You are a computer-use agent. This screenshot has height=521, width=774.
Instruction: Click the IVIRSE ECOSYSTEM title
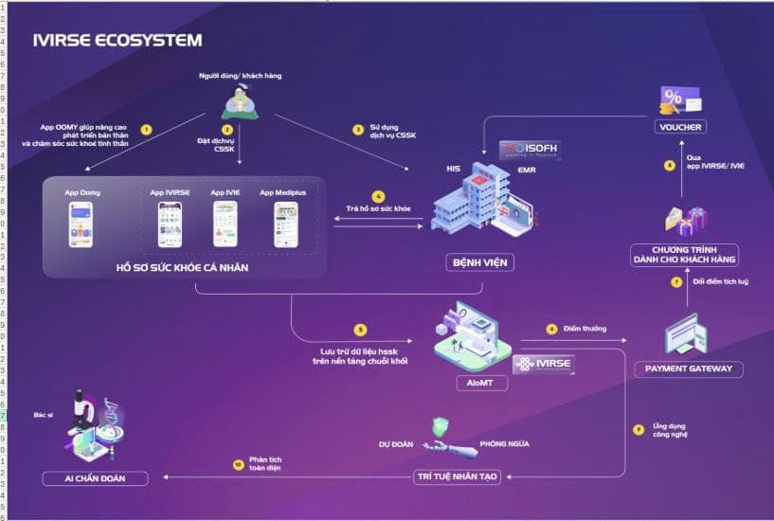[x=117, y=40]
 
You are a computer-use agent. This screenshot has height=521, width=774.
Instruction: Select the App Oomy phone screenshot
[x=81, y=225]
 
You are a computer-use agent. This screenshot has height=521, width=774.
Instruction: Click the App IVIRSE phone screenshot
[x=170, y=225]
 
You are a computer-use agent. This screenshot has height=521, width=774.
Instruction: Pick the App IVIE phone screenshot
[x=225, y=225]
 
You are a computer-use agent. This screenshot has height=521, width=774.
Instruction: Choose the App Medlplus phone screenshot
[x=285, y=225]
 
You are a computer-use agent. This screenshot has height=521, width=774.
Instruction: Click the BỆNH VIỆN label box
[x=479, y=261]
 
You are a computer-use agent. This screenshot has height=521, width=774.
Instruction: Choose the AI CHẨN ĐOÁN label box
[x=95, y=478]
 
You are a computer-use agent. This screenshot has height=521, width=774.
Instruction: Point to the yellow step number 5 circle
[x=360, y=330]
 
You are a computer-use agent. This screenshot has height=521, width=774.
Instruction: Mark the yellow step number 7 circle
[x=676, y=282]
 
